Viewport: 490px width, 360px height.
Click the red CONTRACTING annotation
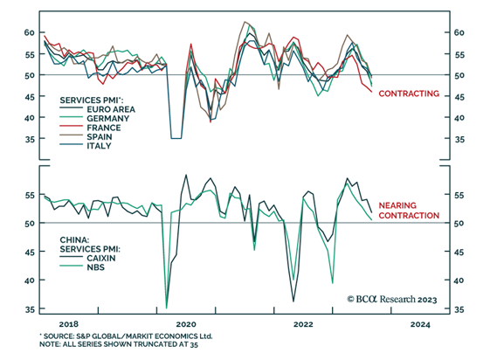(408, 93)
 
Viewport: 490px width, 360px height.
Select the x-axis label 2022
(302, 323)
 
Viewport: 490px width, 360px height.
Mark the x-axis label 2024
(421, 323)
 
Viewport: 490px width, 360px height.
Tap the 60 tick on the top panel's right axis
(460, 32)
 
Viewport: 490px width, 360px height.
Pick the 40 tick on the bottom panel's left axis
(28, 280)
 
